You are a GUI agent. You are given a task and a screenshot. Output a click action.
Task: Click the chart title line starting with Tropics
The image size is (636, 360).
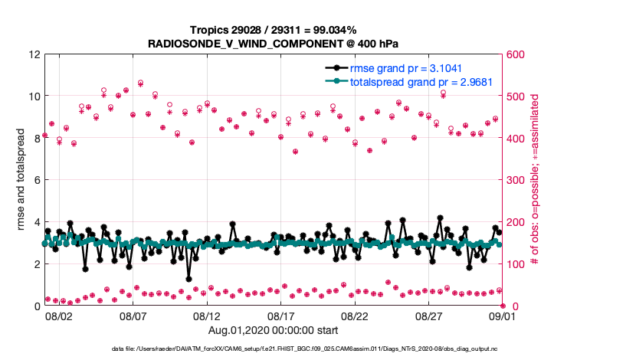click(274, 30)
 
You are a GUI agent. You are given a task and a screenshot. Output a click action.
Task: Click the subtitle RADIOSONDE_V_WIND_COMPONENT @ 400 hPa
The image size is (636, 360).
click(274, 44)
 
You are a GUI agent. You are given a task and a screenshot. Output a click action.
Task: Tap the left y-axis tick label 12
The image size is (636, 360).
click(33, 55)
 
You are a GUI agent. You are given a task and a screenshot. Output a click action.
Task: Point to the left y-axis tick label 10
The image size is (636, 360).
click(33, 97)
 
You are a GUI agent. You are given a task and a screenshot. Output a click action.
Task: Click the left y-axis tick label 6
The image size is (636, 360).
click(36, 181)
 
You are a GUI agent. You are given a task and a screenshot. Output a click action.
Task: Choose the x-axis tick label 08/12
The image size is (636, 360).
click(207, 316)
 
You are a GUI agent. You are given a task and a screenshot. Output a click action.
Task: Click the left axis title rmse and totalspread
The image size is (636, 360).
click(21, 181)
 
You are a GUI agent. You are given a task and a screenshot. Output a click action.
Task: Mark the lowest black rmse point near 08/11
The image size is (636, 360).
click(189, 279)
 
